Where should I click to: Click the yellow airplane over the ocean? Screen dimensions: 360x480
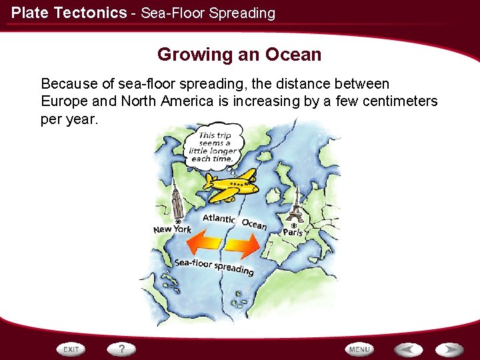coord(231,184)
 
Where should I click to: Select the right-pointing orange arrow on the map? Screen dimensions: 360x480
coord(243,246)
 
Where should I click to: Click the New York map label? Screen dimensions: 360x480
coord(172,229)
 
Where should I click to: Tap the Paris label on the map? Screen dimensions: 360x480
coord(293,233)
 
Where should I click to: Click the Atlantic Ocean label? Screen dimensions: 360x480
coord(234,221)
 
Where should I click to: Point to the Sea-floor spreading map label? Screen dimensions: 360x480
coord(214,265)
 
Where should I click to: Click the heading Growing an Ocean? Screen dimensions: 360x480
coord(239,55)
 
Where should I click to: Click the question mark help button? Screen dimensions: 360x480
coord(122,349)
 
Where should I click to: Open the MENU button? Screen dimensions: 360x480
coord(359,349)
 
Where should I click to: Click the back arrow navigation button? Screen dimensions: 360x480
coord(408,349)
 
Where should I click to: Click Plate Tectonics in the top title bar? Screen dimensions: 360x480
coord(69,13)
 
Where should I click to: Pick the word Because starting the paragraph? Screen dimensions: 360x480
coord(67,84)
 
